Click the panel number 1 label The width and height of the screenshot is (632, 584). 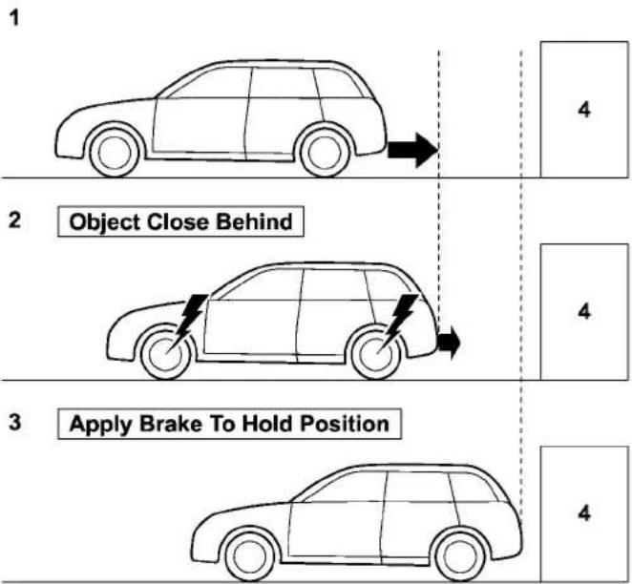pos(14,18)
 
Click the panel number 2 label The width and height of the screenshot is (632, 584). pos(15,220)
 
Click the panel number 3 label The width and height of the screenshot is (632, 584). pos(15,423)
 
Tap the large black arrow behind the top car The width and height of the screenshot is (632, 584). pos(412,150)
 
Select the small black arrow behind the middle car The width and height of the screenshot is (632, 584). pos(449,343)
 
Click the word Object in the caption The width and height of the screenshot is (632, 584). pos(104,222)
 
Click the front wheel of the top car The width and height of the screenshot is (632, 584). pos(115,153)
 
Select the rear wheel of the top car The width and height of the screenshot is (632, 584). pos(325,153)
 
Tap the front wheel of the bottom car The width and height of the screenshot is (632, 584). pos(250,556)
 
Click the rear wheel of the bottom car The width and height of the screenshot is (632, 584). pos(460,556)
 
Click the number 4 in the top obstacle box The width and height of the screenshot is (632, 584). pos(584,109)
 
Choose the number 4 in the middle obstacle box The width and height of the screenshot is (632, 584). pos(584,311)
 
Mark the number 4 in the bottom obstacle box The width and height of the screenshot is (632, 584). pos(584,513)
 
